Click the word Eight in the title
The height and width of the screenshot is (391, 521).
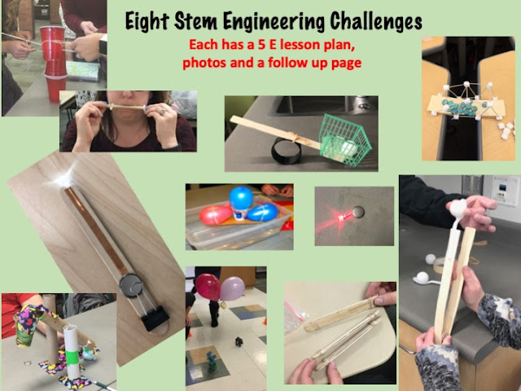point(147,22)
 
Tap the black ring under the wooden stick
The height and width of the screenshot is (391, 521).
point(287,152)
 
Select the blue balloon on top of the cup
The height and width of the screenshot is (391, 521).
point(241,198)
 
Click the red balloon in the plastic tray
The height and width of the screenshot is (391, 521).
point(216,215)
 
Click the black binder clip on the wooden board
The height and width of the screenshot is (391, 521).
point(155,319)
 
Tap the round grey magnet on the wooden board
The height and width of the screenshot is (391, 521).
point(131,285)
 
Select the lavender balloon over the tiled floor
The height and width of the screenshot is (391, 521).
point(232,288)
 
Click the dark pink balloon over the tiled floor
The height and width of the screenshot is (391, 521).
point(208,287)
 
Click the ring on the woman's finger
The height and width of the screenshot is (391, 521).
point(163,112)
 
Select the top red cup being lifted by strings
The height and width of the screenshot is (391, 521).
point(52,43)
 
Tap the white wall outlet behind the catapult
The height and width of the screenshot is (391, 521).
point(505,191)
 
